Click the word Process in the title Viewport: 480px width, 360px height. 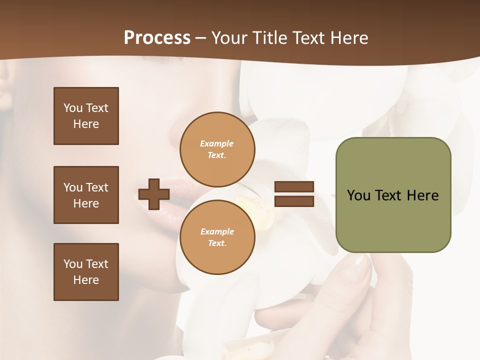pos(157,38)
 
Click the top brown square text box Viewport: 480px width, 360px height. pos(86,116)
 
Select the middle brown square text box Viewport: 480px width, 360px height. pos(86,195)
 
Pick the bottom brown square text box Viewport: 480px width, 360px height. pos(86,272)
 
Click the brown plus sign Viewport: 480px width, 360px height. pos(154,194)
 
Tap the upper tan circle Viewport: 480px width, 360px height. pos(217,149)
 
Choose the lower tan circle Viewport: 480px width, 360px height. pos(217,237)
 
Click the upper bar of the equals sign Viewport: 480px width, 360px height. pos(294,187)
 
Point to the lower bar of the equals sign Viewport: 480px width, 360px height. pos(294,201)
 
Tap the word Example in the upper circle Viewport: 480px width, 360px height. pos(217,143)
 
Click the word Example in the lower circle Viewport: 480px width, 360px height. pos(217,231)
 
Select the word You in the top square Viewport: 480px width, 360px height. pos(72,108)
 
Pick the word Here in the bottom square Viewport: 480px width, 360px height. pos(86,280)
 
